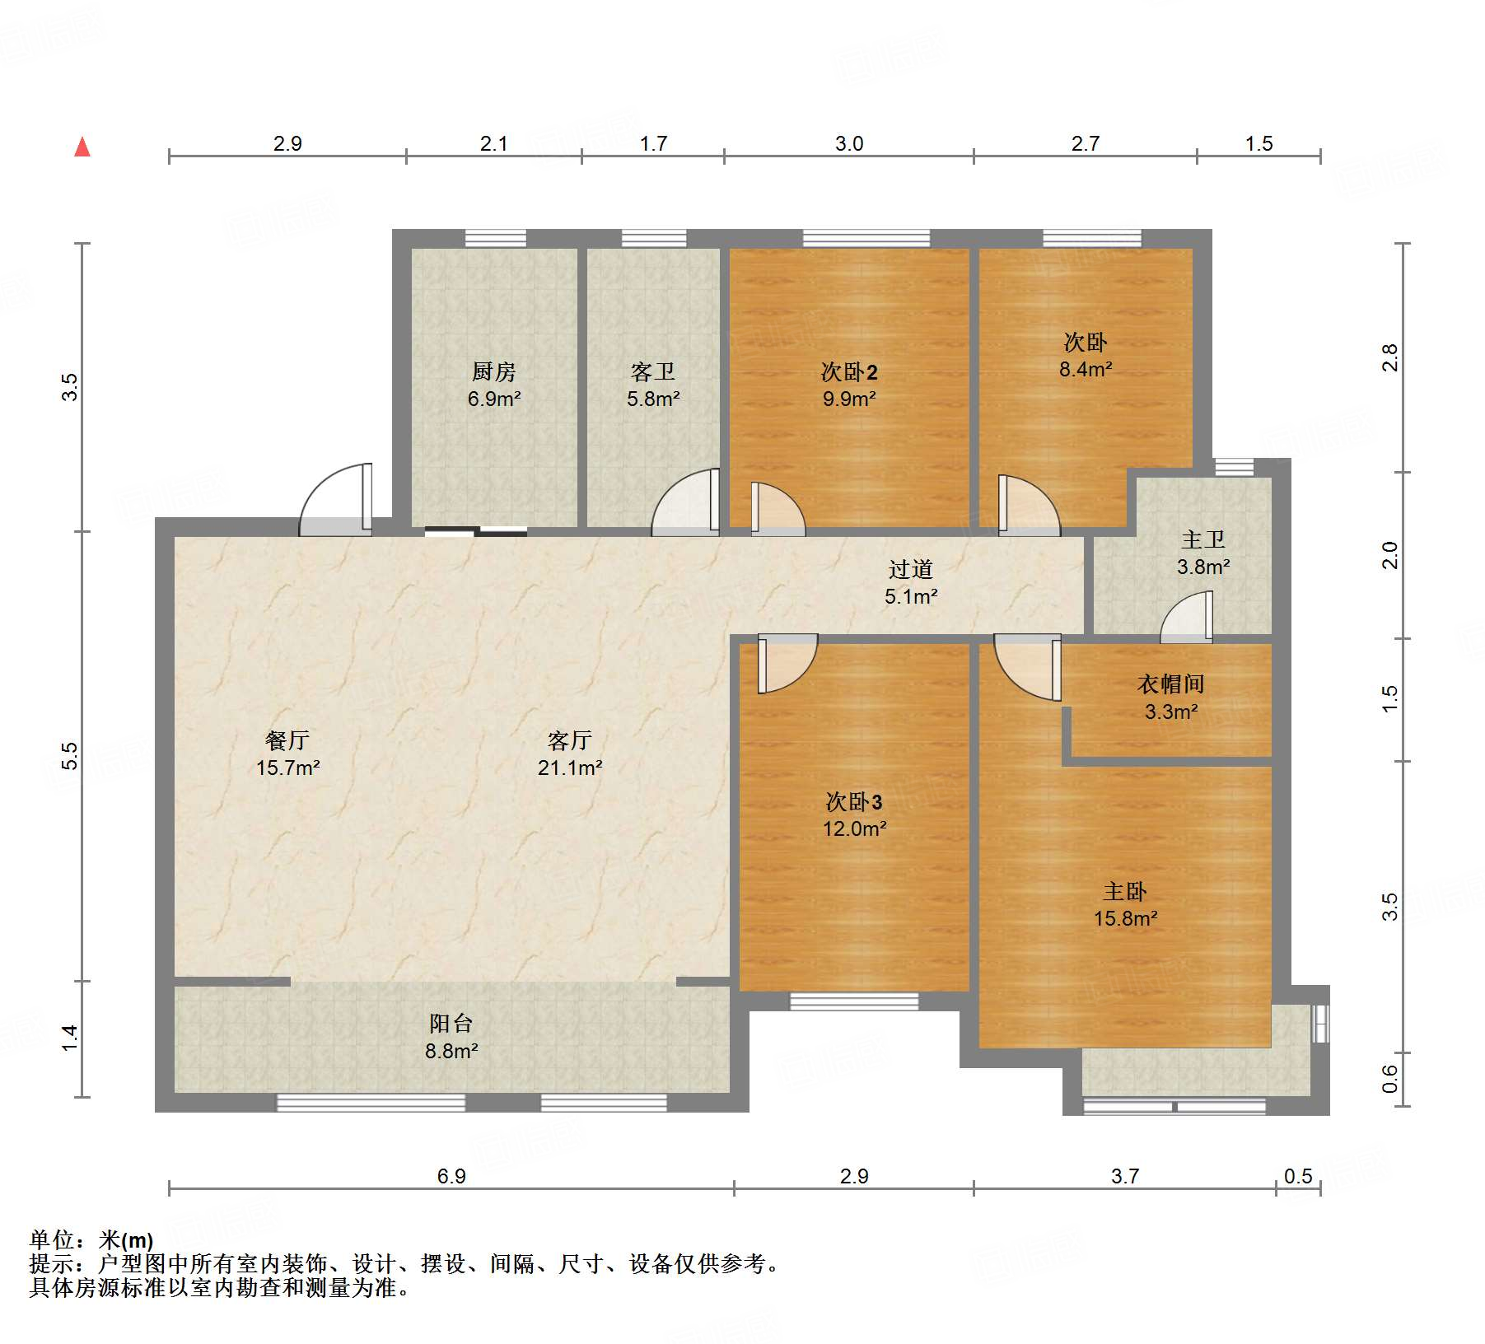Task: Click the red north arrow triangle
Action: click(82, 147)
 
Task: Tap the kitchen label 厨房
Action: click(493, 372)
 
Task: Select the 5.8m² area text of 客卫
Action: click(653, 399)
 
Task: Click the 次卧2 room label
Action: click(849, 372)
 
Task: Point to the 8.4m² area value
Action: click(1085, 370)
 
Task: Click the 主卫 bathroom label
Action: click(1202, 540)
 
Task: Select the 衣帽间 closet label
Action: click(1170, 684)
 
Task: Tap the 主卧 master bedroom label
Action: click(1125, 892)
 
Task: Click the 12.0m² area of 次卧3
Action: click(854, 829)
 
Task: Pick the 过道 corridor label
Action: click(910, 570)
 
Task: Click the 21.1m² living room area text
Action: click(569, 768)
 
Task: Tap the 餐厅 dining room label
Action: click(287, 740)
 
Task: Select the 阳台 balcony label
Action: click(451, 1024)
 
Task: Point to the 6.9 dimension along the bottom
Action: click(451, 1176)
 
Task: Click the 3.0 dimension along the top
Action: click(848, 144)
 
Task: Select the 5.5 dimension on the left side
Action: click(71, 756)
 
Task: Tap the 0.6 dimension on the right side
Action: click(1389, 1078)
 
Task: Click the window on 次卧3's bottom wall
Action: click(854, 1001)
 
